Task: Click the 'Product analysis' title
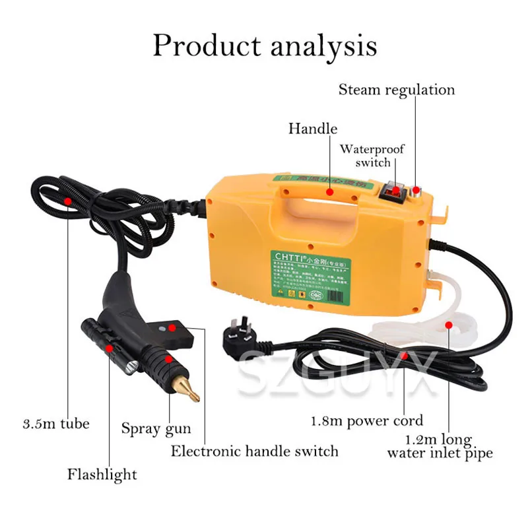point(265,46)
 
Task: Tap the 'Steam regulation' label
point(397,90)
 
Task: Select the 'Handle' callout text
point(312,128)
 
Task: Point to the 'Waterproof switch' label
point(372,156)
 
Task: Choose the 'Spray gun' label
point(156,428)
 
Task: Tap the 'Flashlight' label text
point(102,474)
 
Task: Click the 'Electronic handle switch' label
point(254,451)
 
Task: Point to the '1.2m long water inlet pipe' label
point(440,446)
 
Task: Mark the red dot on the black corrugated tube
point(67,199)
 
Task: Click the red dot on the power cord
point(405,356)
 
